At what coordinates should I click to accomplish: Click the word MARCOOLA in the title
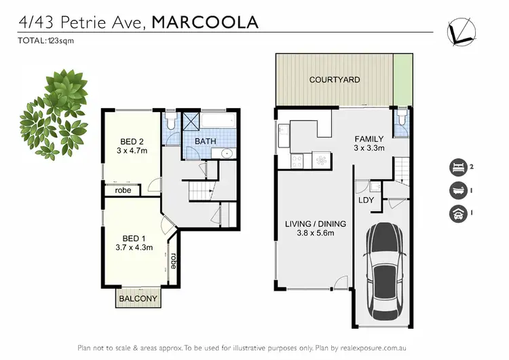point(205,22)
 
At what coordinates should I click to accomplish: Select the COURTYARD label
point(335,79)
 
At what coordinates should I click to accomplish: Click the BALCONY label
point(138,298)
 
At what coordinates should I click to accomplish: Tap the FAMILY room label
point(369,139)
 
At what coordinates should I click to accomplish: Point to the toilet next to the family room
point(402,120)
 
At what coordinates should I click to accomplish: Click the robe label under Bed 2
point(123,191)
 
